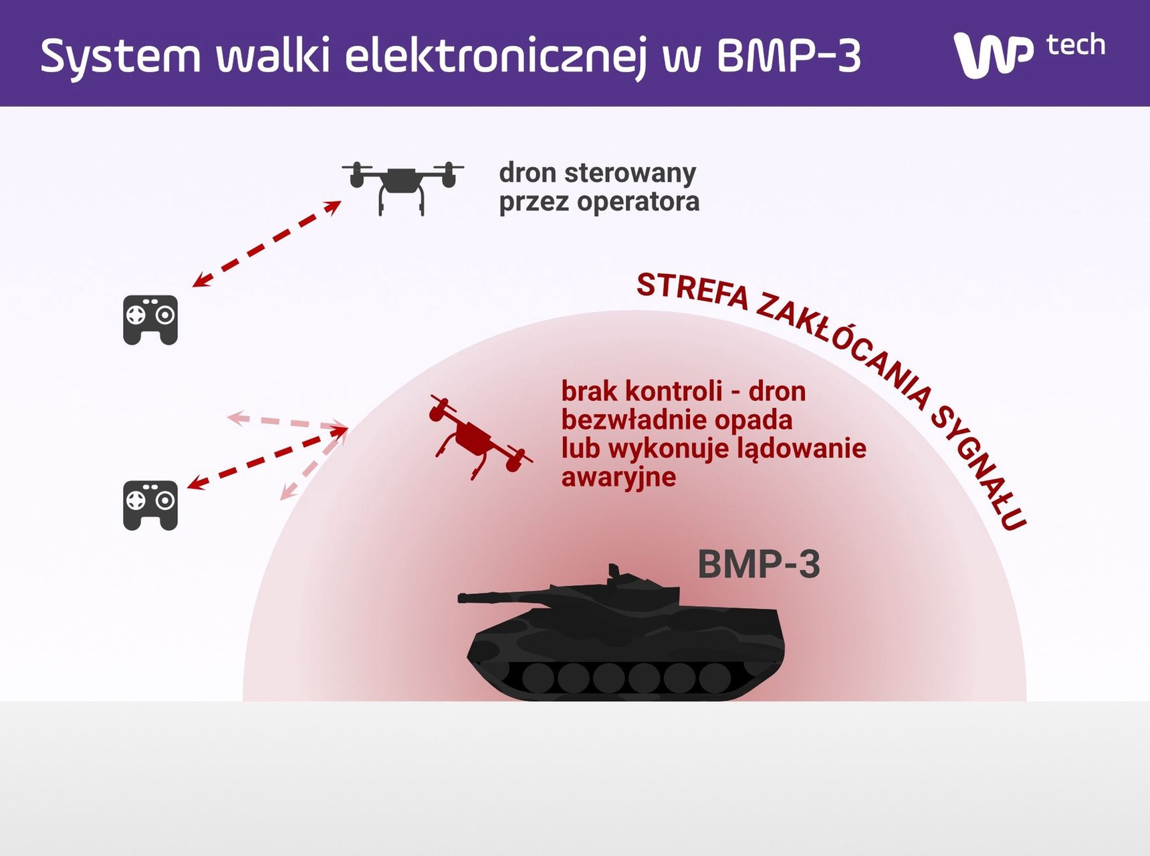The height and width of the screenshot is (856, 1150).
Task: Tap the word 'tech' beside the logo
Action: (1075, 45)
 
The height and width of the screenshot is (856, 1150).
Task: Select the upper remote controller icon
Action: (150, 320)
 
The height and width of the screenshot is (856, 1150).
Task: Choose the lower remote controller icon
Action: (150, 505)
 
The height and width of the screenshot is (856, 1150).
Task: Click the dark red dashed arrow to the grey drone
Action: (267, 244)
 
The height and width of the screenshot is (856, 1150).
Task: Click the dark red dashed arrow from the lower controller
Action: (267, 458)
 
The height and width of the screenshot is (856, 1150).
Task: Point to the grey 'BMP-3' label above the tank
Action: (759, 564)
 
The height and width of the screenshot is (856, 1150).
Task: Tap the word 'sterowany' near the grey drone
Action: (630, 173)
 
